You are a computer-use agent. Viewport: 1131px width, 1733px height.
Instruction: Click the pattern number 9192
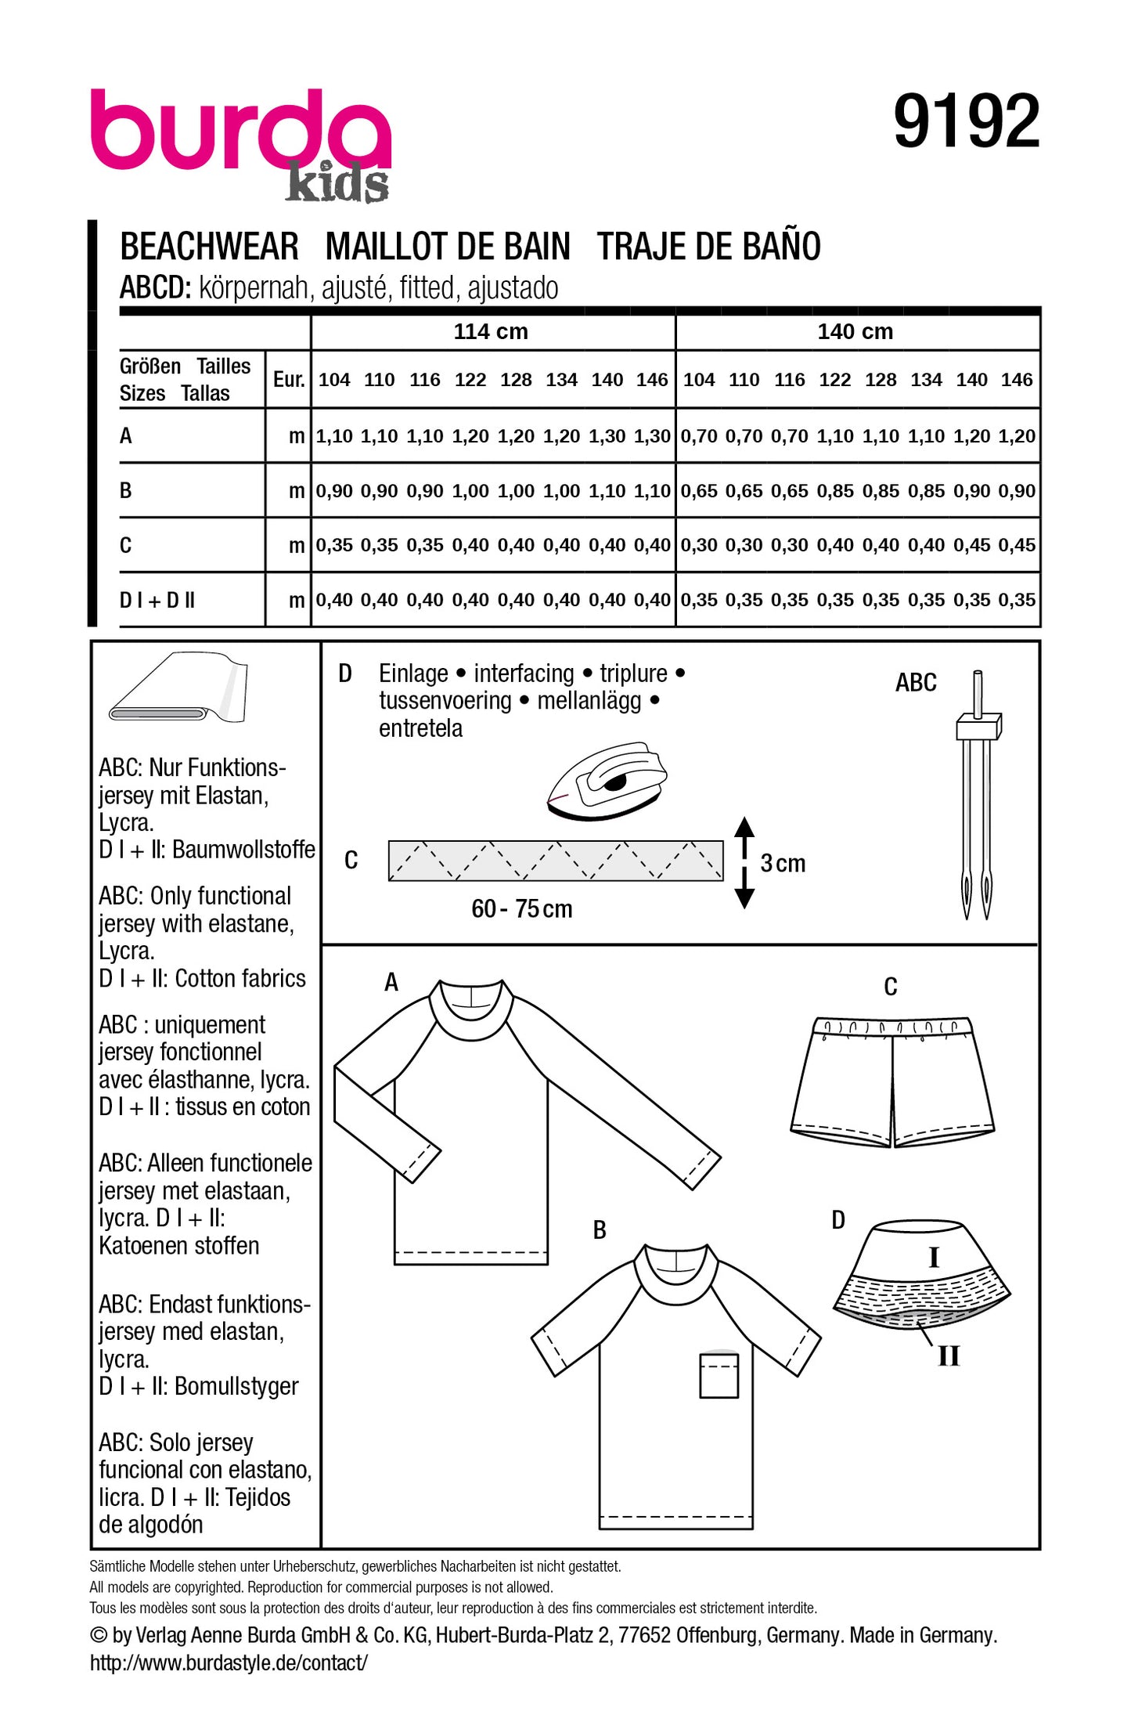966,121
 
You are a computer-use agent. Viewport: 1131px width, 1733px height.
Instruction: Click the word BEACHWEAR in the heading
209,247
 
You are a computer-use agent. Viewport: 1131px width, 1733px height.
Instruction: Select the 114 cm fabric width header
491,331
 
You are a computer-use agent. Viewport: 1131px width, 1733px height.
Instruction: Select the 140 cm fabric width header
855,331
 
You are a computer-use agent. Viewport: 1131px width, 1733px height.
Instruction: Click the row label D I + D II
157,601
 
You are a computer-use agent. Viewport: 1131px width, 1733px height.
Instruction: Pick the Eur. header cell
288,380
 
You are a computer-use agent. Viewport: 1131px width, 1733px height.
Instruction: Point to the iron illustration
607,781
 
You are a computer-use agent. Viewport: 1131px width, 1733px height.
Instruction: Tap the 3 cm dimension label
783,863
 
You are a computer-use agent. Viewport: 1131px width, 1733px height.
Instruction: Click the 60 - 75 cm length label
521,908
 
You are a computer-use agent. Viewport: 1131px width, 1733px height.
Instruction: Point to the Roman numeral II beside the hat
949,1356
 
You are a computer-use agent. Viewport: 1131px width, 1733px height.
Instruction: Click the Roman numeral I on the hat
933,1257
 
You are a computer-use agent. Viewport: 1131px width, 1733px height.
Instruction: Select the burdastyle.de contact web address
229,1663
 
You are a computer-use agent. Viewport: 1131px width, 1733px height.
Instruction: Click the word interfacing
524,673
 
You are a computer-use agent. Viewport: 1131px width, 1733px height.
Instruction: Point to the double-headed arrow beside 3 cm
744,862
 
